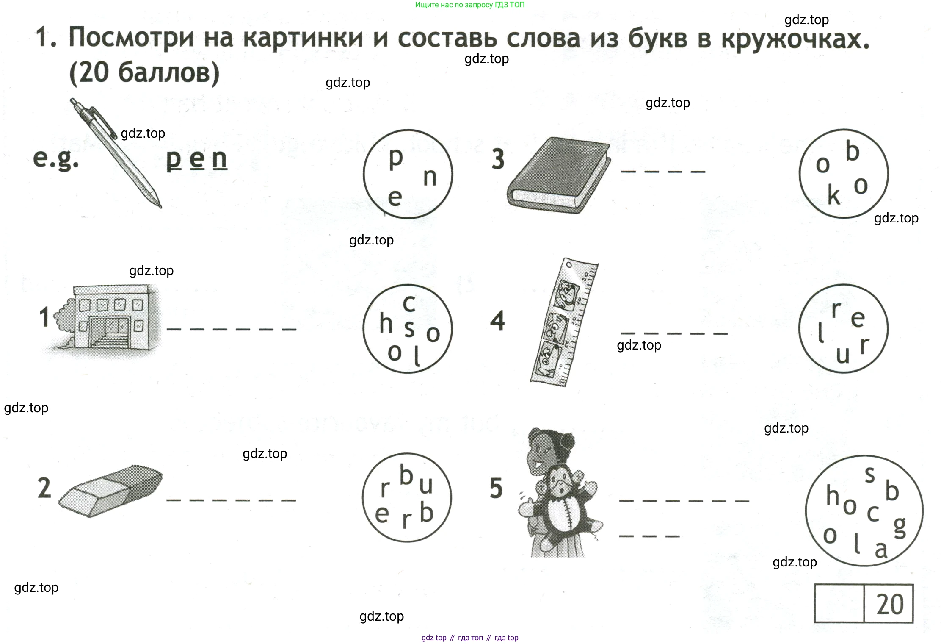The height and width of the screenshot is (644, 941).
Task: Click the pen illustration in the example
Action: pyautogui.click(x=115, y=153)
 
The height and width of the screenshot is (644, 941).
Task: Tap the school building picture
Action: pyautogui.click(x=104, y=317)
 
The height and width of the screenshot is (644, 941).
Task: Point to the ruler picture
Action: pyautogui.click(x=564, y=322)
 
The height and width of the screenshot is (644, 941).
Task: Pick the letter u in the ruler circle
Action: pyautogui.click(x=843, y=355)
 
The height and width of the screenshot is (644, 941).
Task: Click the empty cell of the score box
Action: pyautogui.click(x=839, y=604)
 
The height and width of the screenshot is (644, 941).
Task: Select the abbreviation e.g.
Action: pyautogui.click(x=56, y=159)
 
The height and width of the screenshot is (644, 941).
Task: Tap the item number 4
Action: pyautogui.click(x=497, y=321)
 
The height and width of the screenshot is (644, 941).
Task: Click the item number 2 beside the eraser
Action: pyautogui.click(x=44, y=488)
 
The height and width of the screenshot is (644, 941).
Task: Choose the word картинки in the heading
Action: pyautogui.click(x=303, y=38)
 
